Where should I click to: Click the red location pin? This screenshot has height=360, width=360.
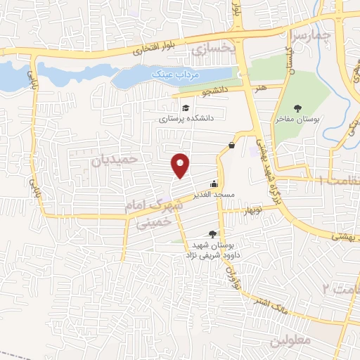point(181,165)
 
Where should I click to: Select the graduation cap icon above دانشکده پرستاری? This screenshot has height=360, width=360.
point(186,108)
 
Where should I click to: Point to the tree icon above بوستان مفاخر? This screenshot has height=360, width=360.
point(297,108)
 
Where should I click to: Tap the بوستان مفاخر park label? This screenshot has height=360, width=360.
point(297,120)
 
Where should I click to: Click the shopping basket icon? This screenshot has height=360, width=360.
point(231,146)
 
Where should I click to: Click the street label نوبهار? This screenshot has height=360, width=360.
point(252,211)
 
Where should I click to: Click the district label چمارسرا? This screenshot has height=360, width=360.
point(309,33)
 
